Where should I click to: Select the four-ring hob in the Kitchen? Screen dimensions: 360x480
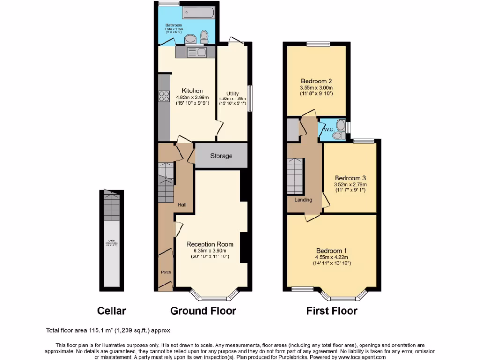coord(164,96)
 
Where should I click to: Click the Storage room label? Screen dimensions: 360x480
coord(221,156)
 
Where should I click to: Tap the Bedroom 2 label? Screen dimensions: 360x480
coord(316,81)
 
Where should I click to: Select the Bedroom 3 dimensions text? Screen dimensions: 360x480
coord(350,187)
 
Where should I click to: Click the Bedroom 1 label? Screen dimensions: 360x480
coord(332,250)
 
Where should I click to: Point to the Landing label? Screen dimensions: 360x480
coord(303,200)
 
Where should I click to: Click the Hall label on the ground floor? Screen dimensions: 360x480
coord(182,205)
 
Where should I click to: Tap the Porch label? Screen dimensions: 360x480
coord(166,272)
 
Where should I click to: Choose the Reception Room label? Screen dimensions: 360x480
coord(207,244)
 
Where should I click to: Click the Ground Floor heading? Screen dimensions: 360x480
coord(203,311)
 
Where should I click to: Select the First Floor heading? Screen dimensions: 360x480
coord(332,311)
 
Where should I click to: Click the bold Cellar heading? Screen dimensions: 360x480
coord(112,311)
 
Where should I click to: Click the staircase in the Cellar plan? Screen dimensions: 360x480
coord(112,206)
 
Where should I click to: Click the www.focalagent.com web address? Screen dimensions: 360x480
coord(360,357)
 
